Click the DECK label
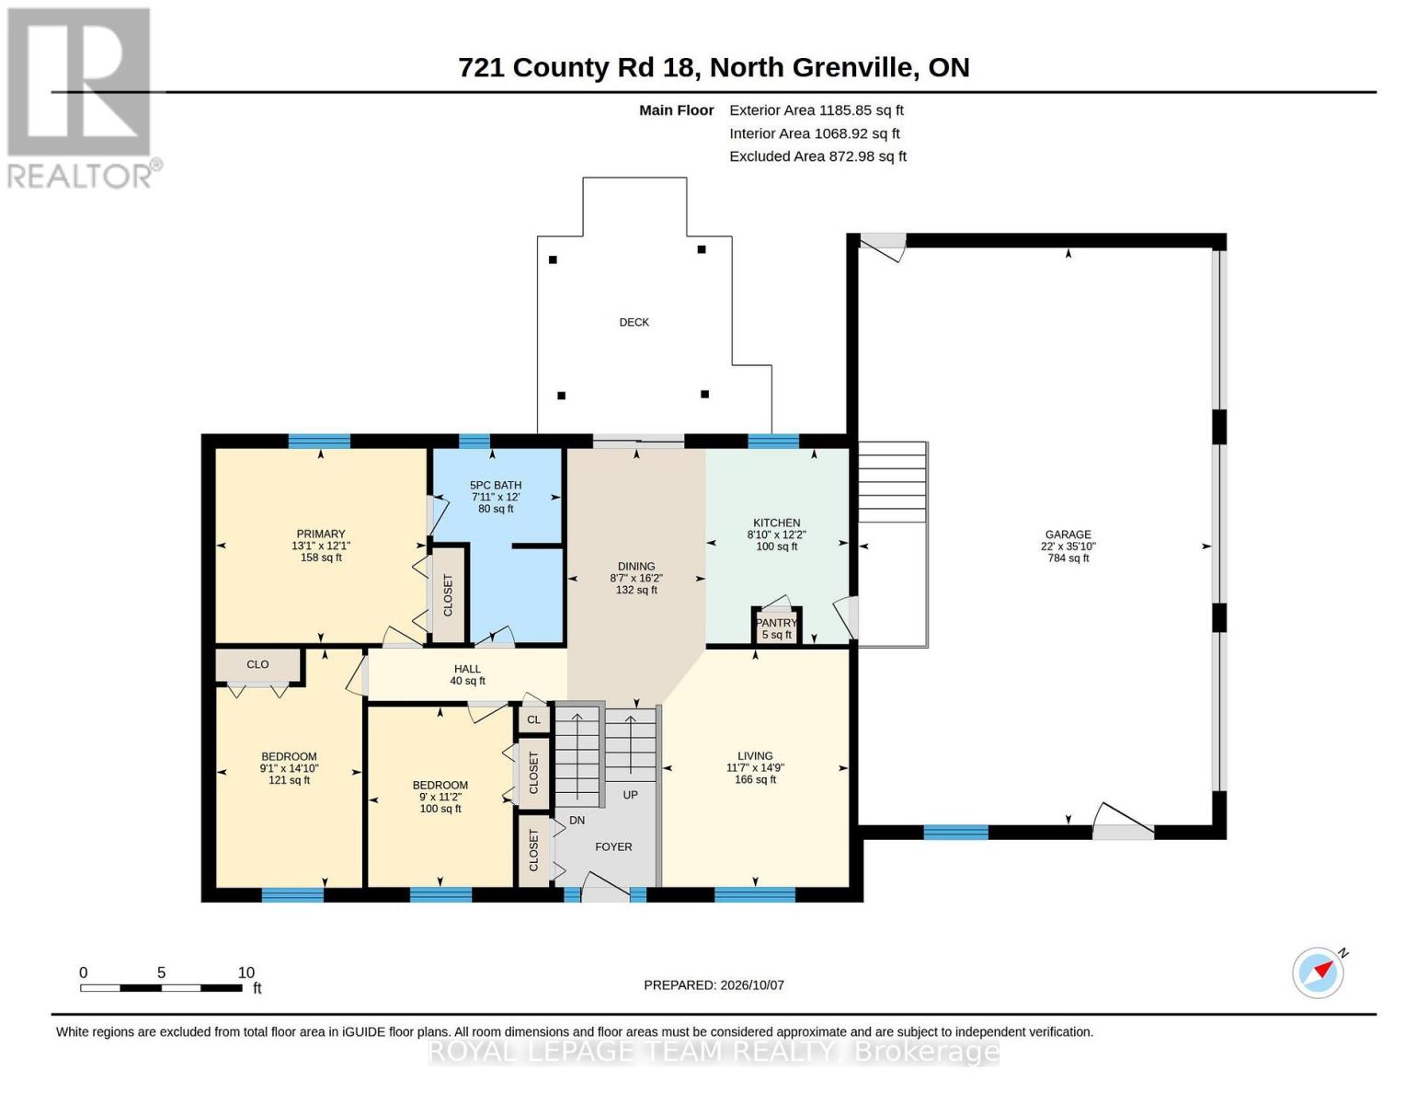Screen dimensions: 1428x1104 [x=634, y=322]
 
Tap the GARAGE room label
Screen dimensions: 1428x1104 [x=1068, y=535]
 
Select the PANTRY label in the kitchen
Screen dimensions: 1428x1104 [x=776, y=623]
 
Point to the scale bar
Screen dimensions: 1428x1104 [x=161, y=987]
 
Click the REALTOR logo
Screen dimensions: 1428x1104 [x=83, y=98]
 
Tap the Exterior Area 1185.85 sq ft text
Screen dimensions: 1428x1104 [x=817, y=110]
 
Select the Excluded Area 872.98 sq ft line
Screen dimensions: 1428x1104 [x=818, y=156]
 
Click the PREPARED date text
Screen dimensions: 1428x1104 [x=714, y=985]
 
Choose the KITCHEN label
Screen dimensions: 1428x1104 [x=776, y=523]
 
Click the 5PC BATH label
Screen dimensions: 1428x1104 [x=496, y=485]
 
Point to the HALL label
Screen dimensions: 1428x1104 [x=467, y=669]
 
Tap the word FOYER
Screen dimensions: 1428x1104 [x=614, y=847]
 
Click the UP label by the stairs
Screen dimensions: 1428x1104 [x=630, y=795]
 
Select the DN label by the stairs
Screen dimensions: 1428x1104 [x=577, y=821]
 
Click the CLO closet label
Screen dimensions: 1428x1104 [x=257, y=665]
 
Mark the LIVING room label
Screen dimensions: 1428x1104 [x=755, y=756]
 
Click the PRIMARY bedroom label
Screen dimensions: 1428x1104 [x=321, y=534]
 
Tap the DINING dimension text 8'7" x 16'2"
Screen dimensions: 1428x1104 [x=636, y=578]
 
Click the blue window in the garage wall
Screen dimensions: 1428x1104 [x=955, y=833]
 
